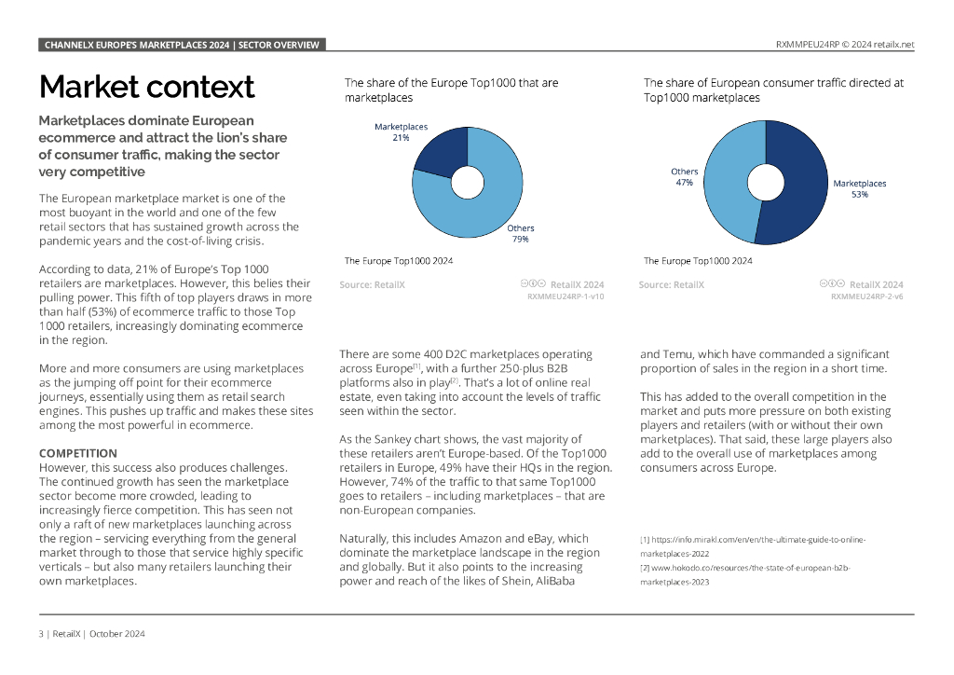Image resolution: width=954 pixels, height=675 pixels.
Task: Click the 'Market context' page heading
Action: (x=146, y=87)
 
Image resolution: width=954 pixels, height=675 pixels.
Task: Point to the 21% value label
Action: (x=401, y=138)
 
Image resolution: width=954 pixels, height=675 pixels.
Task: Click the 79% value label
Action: (x=520, y=240)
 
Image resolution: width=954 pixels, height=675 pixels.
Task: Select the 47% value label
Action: (x=685, y=183)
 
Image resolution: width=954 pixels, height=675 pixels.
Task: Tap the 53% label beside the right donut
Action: (x=859, y=195)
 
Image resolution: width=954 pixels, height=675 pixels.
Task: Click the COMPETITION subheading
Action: (x=78, y=453)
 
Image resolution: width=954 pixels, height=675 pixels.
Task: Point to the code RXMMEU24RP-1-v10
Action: (x=566, y=296)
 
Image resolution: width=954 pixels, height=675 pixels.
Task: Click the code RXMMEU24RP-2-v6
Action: (x=866, y=296)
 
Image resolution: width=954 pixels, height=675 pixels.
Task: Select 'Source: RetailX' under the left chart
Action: (x=372, y=285)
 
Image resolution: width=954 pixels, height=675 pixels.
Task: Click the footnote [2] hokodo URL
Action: (x=745, y=574)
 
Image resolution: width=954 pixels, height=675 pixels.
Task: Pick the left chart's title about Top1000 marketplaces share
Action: (x=452, y=90)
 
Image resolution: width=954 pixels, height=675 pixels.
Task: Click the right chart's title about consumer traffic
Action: (x=773, y=90)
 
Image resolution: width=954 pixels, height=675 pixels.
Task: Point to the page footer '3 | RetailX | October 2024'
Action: (x=91, y=634)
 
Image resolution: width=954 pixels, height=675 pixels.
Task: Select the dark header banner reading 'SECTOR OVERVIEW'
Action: (x=182, y=45)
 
